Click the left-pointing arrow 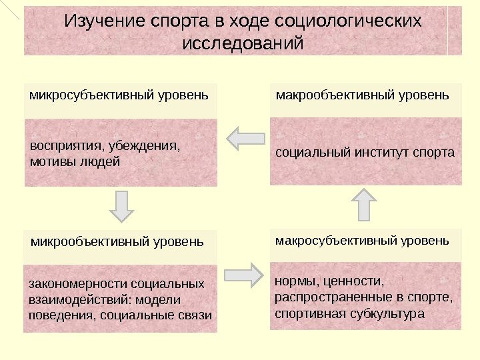point(245,139)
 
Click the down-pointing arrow point(121,205)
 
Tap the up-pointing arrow point(364,203)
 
